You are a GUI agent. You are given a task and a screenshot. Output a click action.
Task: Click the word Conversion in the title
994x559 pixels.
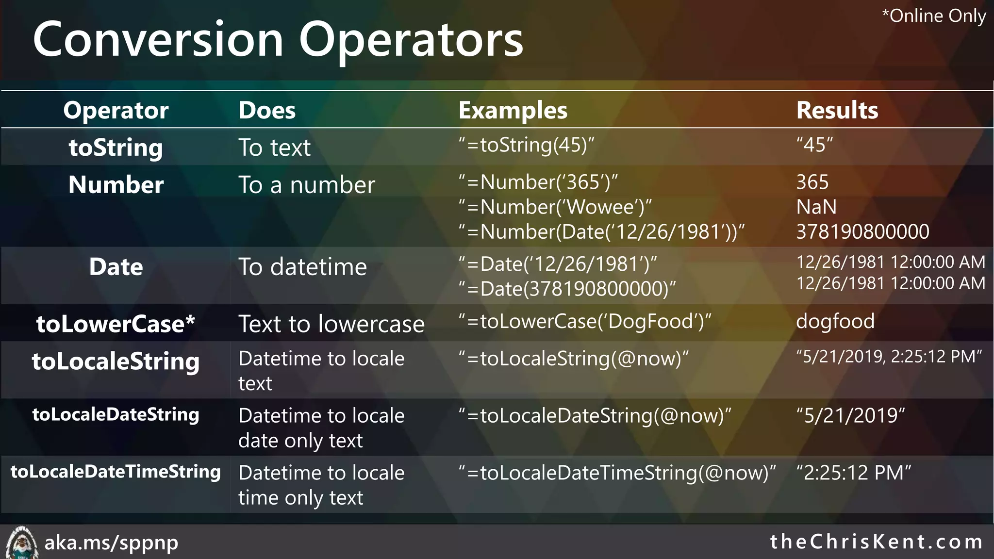pos(158,40)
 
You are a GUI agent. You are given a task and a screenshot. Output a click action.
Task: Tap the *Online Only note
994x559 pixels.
pos(933,16)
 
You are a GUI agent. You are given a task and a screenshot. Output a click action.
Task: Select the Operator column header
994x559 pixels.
pos(116,111)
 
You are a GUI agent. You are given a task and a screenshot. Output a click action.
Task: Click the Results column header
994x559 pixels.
pos(837,111)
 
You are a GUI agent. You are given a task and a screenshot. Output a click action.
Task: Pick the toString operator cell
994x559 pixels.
pos(116,148)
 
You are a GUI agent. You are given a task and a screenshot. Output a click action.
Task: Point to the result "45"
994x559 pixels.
pos(814,145)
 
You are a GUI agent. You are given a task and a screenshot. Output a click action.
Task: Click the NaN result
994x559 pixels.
pos(816,207)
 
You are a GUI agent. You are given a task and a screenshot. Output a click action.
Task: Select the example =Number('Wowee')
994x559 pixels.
pos(555,207)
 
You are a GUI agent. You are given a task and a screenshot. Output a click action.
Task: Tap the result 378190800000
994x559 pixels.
pos(862,232)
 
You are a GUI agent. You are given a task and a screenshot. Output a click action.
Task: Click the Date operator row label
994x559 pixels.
pos(116,267)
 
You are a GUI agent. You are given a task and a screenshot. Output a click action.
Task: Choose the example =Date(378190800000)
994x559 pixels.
pos(567,289)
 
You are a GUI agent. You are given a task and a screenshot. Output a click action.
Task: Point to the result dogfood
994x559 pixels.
pos(835,322)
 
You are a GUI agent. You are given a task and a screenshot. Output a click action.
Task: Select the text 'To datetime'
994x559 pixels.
pos(302,267)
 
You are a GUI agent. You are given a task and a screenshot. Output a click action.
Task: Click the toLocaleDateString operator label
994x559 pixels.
pos(116,414)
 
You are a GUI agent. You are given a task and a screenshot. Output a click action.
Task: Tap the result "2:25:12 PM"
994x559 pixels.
pos(853,473)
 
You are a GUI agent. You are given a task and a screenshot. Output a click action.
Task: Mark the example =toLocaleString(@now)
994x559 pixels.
pos(573,359)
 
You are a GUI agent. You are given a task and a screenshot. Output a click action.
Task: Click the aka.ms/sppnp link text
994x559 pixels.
pos(111,543)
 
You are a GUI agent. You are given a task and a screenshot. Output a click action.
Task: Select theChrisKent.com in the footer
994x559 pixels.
pos(876,542)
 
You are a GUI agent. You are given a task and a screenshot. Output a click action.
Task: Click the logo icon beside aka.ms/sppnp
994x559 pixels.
pos(21,543)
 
